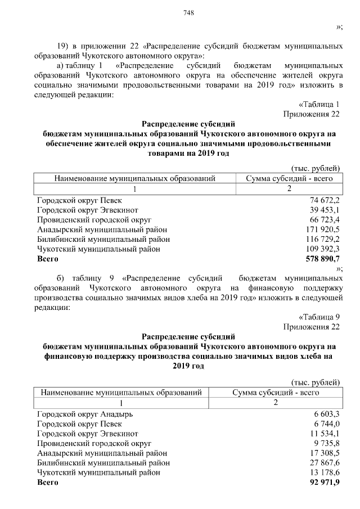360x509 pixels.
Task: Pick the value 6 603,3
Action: [x=327, y=414]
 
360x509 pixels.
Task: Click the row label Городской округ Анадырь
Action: [x=85, y=414]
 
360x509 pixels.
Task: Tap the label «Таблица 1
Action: [x=319, y=104]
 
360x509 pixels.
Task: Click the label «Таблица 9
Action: [x=319, y=317]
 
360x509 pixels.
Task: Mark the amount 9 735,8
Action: [x=327, y=443]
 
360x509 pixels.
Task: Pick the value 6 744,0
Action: [x=327, y=424]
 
